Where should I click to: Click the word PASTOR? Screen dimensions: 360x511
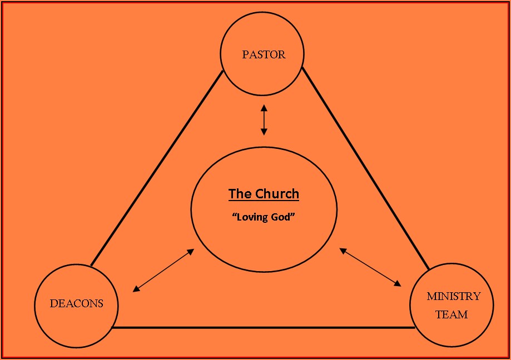(x=264, y=54)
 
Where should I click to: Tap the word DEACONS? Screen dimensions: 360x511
(x=76, y=304)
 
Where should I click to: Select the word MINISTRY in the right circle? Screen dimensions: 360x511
(x=453, y=296)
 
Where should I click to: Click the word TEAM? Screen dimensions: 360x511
(x=451, y=314)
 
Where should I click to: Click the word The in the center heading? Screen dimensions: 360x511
(x=240, y=194)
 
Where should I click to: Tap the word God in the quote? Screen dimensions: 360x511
(x=281, y=217)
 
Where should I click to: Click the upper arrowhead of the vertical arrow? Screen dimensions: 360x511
(x=264, y=107)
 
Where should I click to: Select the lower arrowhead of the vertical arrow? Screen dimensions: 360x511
(x=264, y=132)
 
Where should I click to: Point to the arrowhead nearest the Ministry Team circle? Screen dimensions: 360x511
(x=398, y=283)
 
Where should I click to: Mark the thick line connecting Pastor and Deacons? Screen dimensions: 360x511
(x=157, y=167)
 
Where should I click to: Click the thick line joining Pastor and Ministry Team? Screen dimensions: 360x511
(x=365, y=167)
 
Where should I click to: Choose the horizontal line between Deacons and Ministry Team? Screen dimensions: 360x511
(x=264, y=327)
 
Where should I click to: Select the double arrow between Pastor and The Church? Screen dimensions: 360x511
(x=264, y=119)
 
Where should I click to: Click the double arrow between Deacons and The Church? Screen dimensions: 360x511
(x=163, y=270)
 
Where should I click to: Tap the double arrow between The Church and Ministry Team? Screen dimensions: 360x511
(x=370, y=267)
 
